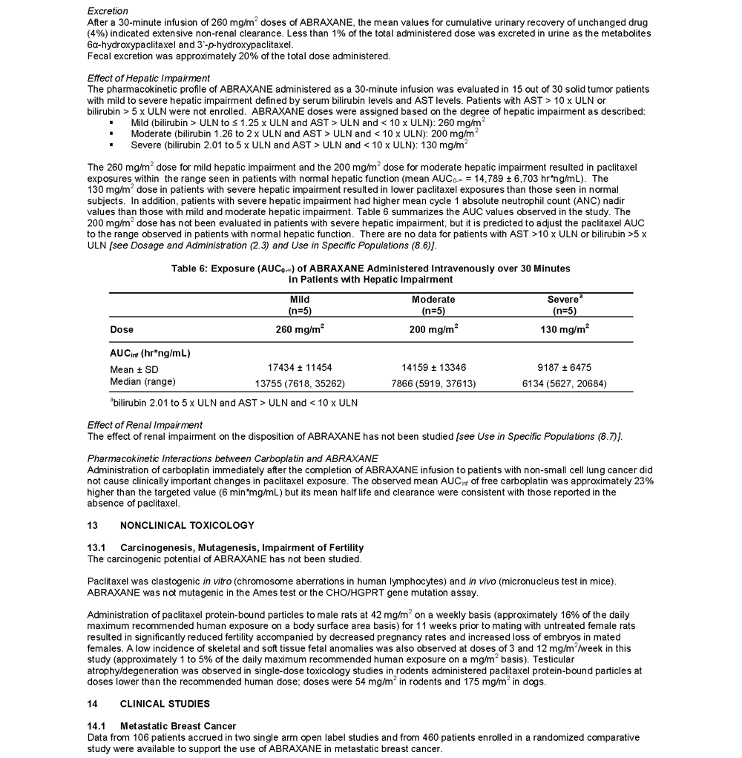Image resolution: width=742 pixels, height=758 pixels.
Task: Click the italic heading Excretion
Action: click(108, 11)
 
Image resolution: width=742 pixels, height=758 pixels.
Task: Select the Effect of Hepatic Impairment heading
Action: click(148, 78)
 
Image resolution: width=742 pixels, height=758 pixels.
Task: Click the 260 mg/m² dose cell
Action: click(300, 329)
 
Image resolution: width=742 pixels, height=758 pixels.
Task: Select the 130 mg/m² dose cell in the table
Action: click(565, 329)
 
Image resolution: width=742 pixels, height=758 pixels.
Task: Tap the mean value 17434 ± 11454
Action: click(300, 368)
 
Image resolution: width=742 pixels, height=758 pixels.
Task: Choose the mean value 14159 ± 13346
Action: click(433, 368)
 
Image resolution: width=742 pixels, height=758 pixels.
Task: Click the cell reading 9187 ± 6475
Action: click(565, 368)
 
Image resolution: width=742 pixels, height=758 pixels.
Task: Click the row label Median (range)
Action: click(143, 382)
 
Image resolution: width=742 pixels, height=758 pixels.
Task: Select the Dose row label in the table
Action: click(122, 329)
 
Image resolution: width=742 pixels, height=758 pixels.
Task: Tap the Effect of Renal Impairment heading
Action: click(145, 425)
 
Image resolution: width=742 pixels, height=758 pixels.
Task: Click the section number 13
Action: click(93, 525)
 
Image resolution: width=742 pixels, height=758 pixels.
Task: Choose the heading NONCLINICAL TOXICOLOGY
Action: click(187, 525)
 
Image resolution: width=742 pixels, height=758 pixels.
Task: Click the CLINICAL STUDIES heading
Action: click(165, 703)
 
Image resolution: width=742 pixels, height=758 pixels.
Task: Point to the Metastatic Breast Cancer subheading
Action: click(178, 725)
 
